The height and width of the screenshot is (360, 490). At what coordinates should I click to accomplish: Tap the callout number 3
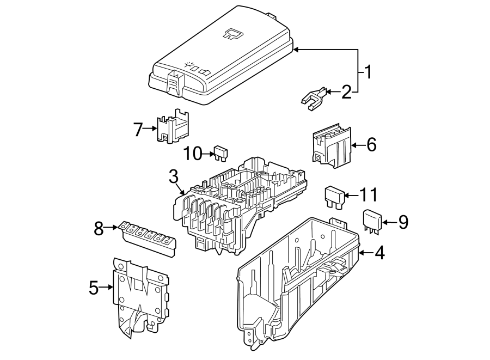(173, 176)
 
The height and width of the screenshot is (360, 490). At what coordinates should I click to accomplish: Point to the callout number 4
(379, 253)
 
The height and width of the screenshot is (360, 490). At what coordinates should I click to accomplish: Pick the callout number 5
(94, 288)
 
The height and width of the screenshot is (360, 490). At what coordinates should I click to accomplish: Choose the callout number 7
(138, 129)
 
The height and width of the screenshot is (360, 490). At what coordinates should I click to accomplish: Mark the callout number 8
(99, 229)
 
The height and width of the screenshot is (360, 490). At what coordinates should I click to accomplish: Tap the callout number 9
(402, 222)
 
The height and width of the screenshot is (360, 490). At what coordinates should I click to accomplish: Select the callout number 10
(192, 154)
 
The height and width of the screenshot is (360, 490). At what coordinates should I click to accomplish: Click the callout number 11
(368, 194)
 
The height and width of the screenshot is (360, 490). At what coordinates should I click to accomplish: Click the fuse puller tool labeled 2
(314, 98)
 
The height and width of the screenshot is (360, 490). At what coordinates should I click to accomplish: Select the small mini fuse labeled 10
(220, 154)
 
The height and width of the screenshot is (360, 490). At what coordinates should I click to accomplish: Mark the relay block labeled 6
(330, 144)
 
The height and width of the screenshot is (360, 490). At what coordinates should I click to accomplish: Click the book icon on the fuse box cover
(233, 34)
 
